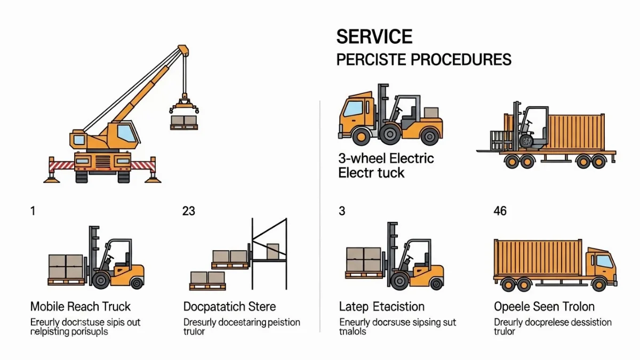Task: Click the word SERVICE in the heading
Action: click(x=374, y=37)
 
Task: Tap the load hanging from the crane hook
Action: click(x=184, y=121)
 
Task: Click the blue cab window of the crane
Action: click(x=126, y=132)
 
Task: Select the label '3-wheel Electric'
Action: click(x=386, y=158)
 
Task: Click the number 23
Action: click(x=188, y=211)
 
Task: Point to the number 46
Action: click(x=500, y=211)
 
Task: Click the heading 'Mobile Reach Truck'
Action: click(x=80, y=307)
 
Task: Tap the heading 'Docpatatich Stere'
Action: click(x=229, y=307)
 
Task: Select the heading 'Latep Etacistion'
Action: click(x=381, y=307)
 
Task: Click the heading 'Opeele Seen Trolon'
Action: click(x=544, y=307)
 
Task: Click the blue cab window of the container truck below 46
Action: click(x=604, y=261)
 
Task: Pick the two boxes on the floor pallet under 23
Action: click(x=208, y=278)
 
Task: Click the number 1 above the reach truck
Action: click(x=33, y=211)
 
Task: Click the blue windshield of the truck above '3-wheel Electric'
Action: click(x=353, y=109)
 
